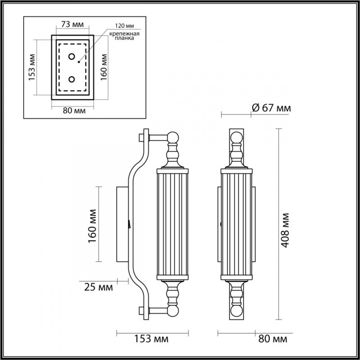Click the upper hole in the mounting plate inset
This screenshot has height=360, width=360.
click(72, 57)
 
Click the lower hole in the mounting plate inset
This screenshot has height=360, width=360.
click(72, 79)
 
